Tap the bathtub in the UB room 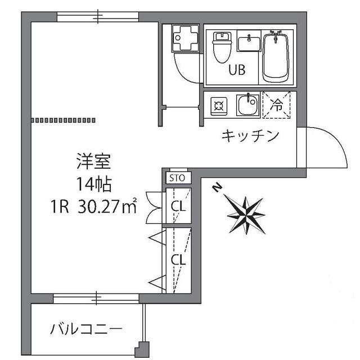pos(276,55)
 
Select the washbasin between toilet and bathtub pos(248,43)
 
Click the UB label pos(236,71)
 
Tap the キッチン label pos(250,136)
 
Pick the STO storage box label pos(178,179)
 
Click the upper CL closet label pos(178,206)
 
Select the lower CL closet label pos(178,260)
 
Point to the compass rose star pos(246,214)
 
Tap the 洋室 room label pos(93,162)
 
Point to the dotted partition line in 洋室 pos(64,119)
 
